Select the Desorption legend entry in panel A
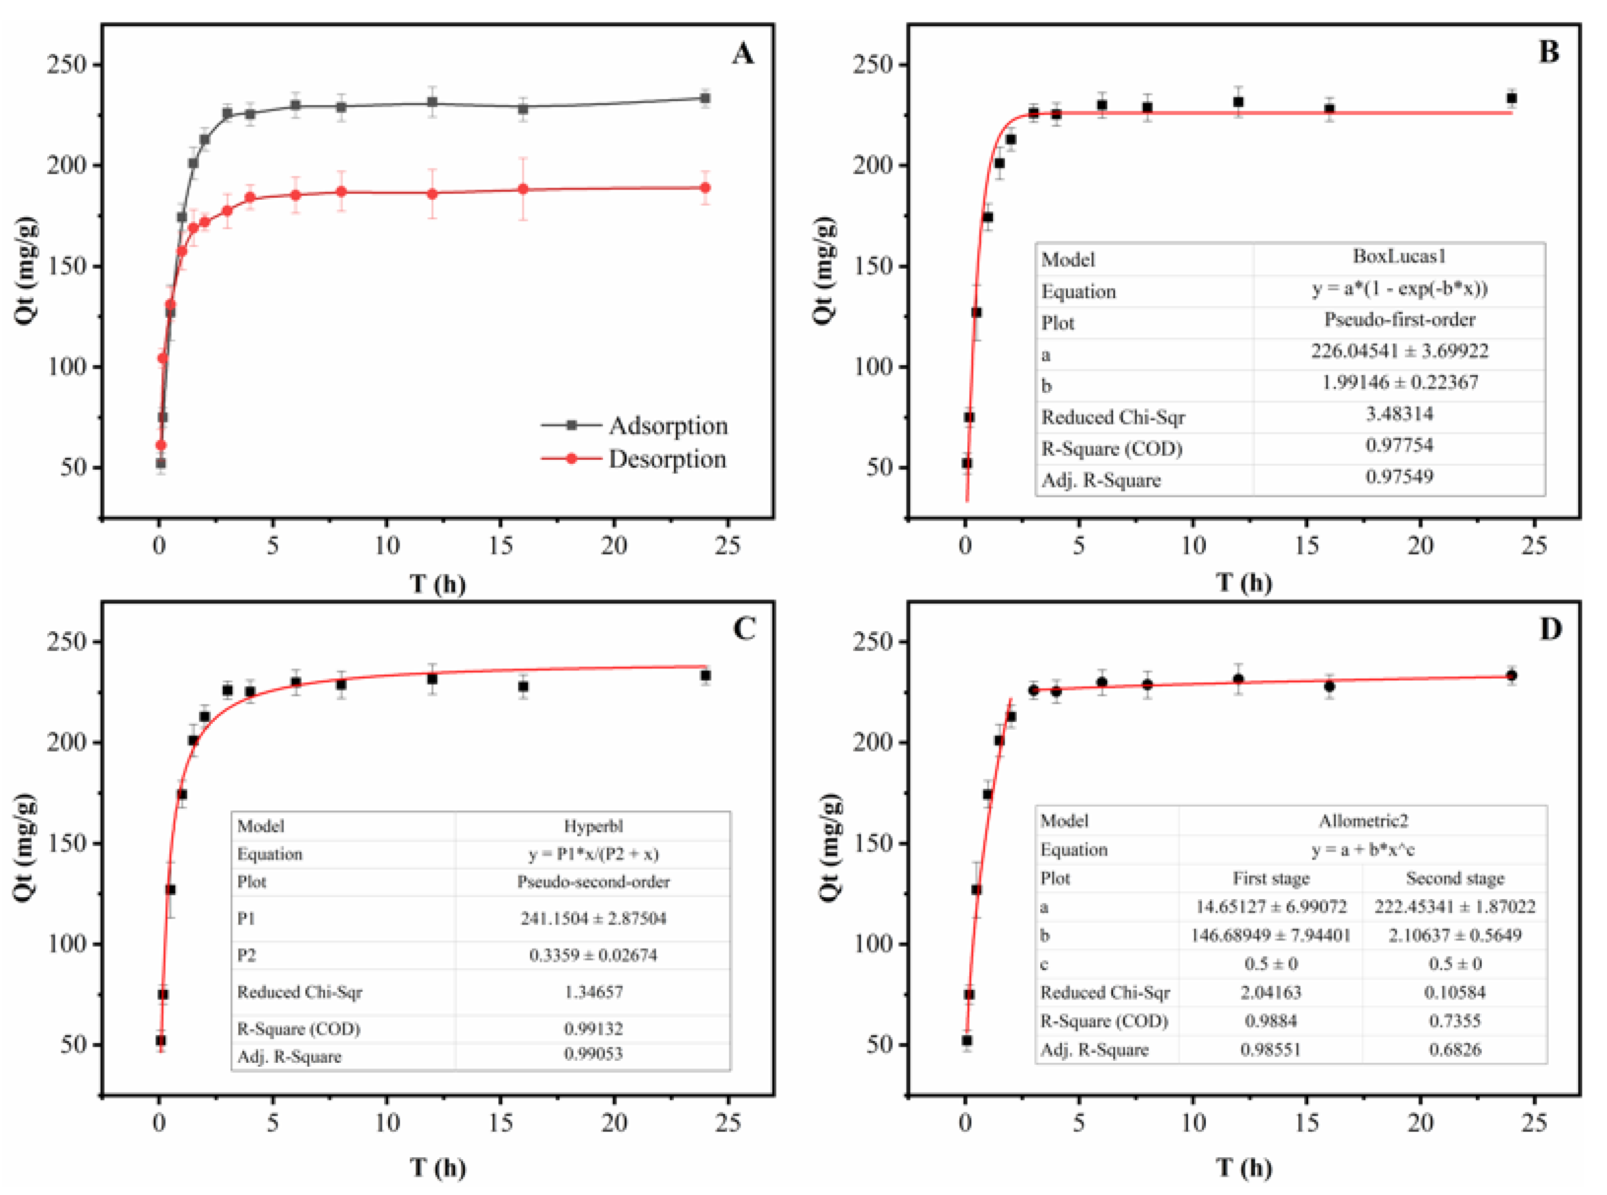666,459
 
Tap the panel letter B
1548,52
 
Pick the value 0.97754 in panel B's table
1399,446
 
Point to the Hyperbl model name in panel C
592,826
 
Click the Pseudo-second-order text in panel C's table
592,882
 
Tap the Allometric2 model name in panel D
1363,821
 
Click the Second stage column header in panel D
1455,879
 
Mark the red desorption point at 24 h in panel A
705,188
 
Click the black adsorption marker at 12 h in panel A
432,103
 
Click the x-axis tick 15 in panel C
500,1123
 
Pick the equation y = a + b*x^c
1363,850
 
